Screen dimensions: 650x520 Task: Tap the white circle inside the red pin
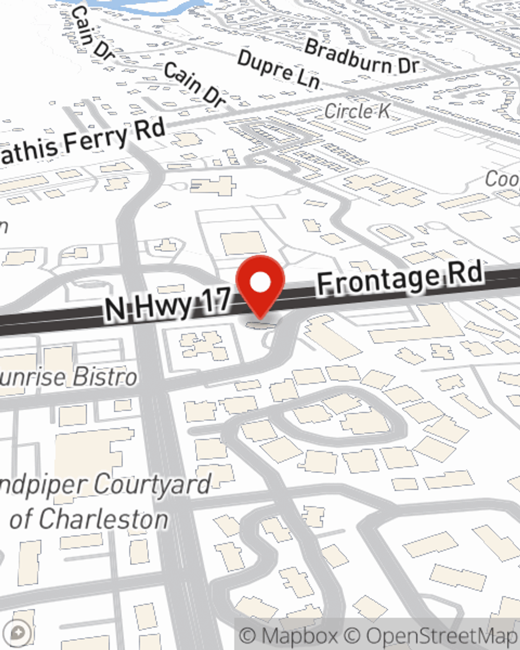(261, 282)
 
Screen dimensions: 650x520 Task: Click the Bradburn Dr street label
(362, 58)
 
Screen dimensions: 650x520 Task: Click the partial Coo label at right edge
(502, 179)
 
